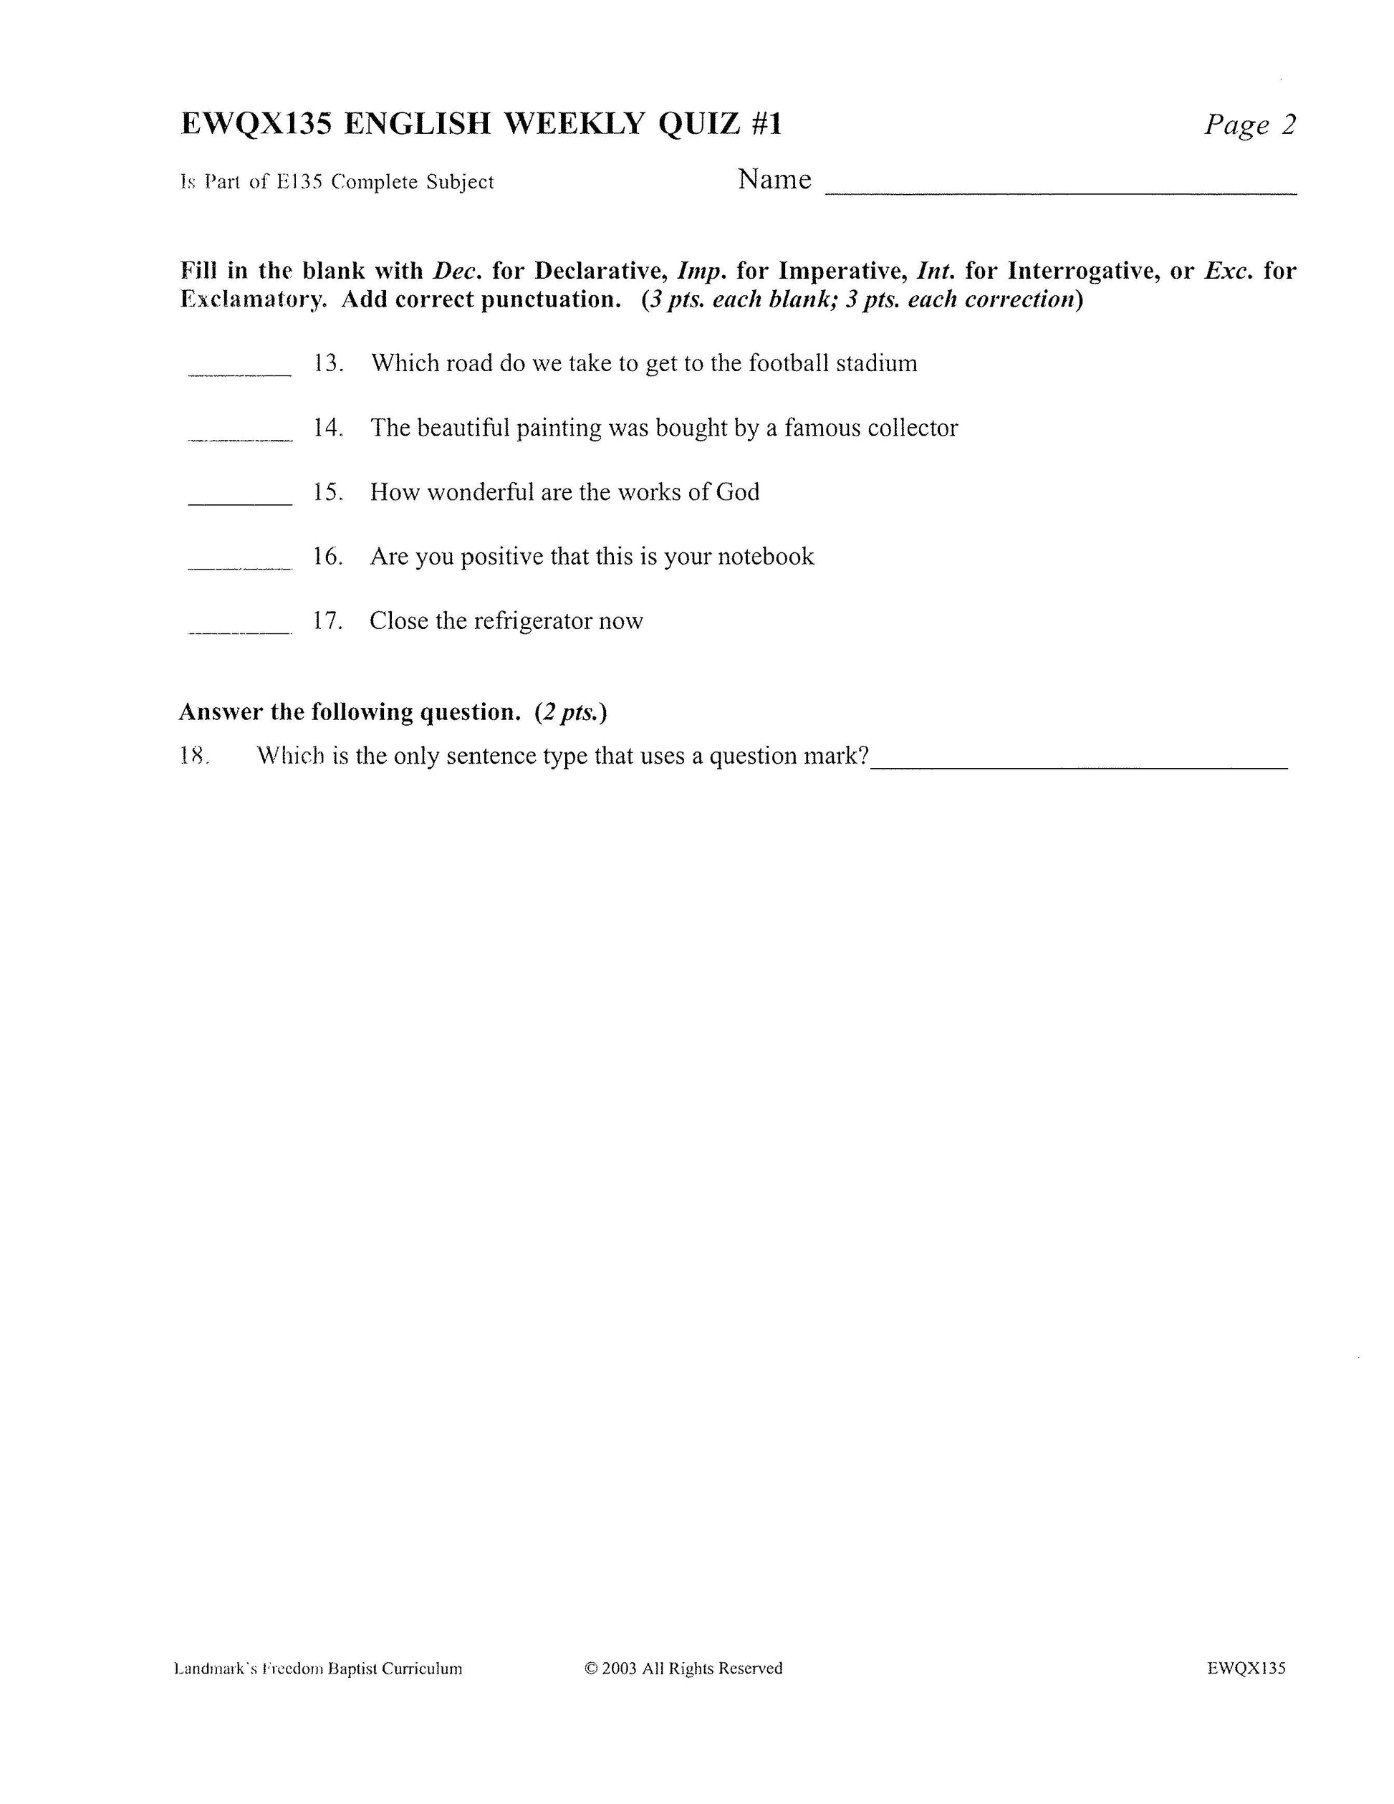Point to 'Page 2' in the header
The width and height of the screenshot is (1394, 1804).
pos(1249,125)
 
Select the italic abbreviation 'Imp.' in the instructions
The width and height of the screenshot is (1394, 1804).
pos(702,271)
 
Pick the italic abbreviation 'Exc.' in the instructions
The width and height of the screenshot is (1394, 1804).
pos(1229,271)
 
